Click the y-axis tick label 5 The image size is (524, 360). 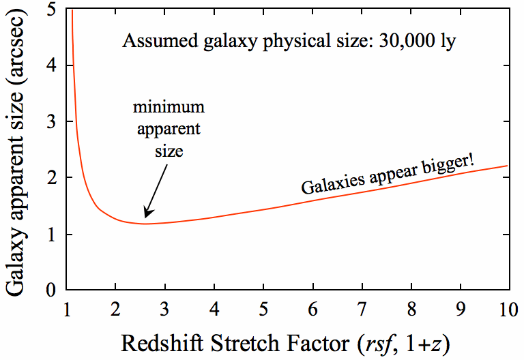(x=51, y=10)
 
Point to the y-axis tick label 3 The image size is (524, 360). (x=51, y=122)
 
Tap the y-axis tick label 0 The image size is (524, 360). (x=51, y=290)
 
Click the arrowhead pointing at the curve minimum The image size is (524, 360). (x=146, y=214)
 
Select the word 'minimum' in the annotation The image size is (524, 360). (x=168, y=108)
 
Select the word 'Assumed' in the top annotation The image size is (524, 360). (x=152, y=42)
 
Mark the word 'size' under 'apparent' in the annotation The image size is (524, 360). (x=168, y=150)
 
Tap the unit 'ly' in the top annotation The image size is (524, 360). (x=447, y=42)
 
